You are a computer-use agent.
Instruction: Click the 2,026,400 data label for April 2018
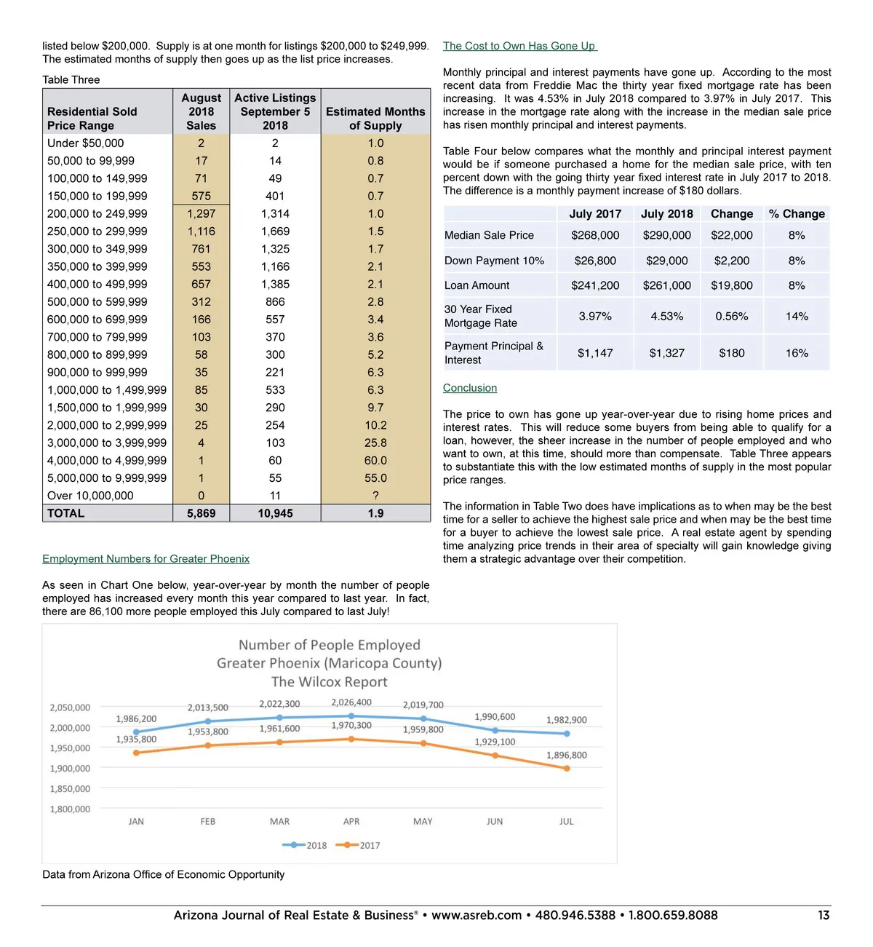coord(351,702)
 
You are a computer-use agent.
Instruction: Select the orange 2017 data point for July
coord(567,768)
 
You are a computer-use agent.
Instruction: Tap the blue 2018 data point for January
coord(136,732)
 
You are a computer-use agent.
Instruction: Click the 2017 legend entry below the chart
coord(361,845)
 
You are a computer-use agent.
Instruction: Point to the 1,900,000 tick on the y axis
coord(70,769)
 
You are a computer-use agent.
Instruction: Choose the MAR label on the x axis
coord(279,822)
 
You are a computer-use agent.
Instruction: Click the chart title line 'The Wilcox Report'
coord(329,682)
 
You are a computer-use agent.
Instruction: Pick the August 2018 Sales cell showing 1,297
coord(201,214)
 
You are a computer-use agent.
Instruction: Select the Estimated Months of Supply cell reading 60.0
coord(375,461)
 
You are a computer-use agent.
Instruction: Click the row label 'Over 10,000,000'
coord(90,496)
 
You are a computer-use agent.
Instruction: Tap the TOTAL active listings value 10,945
coord(275,513)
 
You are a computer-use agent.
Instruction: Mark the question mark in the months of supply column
coord(375,496)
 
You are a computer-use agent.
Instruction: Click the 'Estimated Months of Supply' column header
coord(375,119)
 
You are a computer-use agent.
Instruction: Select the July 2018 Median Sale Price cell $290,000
coord(666,235)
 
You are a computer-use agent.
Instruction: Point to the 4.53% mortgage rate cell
coord(666,316)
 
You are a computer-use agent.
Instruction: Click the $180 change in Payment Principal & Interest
coord(731,353)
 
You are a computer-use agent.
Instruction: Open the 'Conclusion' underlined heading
coord(470,388)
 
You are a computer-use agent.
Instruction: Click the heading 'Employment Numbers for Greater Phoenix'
coord(145,559)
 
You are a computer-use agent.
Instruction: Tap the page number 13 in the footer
coord(824,915)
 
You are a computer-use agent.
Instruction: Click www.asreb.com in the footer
coord(477,915)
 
